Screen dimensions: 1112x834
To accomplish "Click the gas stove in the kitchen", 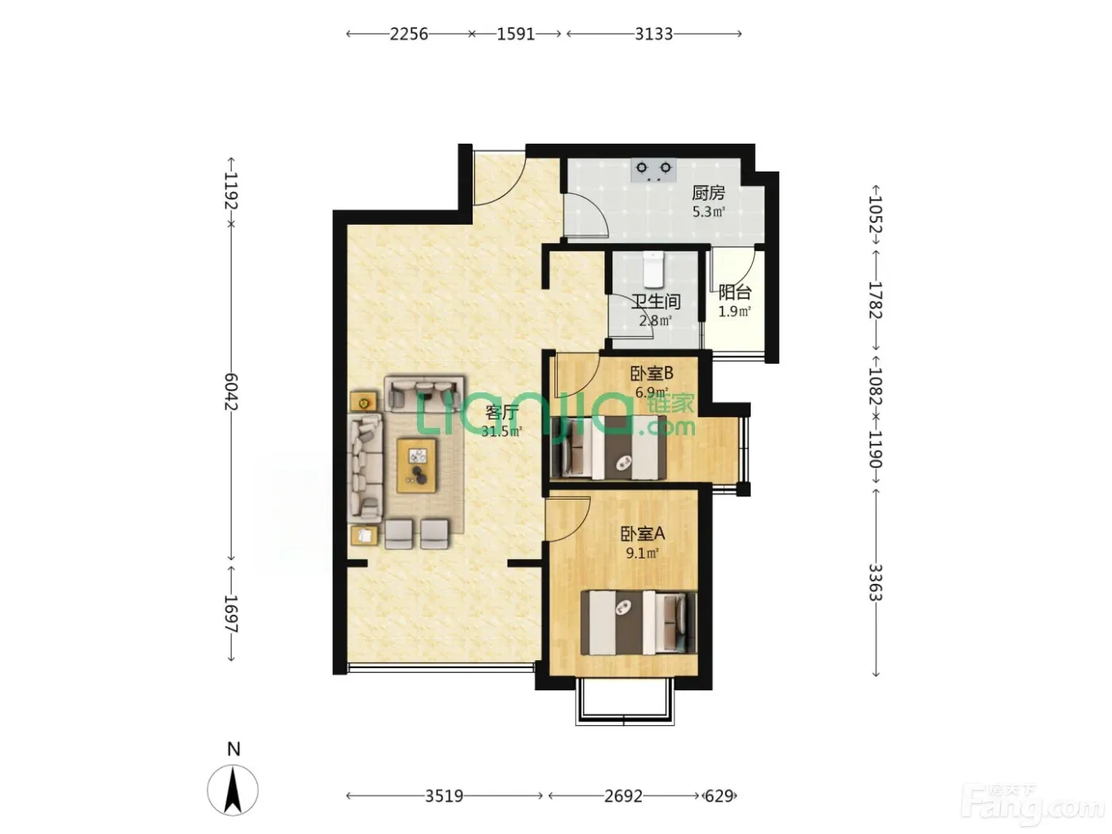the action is tap(654, 170).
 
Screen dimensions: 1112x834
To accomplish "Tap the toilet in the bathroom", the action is tap(653, 269).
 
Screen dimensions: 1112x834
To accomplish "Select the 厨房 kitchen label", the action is tap(708, 192).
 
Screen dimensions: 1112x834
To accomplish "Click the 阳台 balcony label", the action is tap(735, 292).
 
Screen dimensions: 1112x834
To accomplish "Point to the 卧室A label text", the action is tap(643, 534).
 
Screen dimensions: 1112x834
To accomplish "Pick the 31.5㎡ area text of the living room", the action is tap(501, 431).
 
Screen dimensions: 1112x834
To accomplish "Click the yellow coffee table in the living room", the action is tap(416, 465).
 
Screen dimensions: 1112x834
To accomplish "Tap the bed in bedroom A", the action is tap(639, 624).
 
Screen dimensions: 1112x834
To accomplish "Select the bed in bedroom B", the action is tap(608, 447).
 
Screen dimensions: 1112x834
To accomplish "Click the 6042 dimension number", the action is tap(231, 392).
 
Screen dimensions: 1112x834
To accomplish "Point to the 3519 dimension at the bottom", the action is tap(444, 797).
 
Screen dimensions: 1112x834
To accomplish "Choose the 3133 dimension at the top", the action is tap(654, 34).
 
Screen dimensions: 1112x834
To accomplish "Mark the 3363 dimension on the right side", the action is tap(875, 582).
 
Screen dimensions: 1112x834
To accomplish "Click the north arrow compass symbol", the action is tap(233, 790).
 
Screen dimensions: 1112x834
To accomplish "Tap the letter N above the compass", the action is tap(234, 749).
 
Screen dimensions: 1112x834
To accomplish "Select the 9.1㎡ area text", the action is tap(642, 553).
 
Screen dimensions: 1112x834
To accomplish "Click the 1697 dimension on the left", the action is tap(231, 614).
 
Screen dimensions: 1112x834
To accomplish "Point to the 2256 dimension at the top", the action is tap(409, 34).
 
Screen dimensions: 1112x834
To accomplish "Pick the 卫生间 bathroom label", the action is tap(655, 302).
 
